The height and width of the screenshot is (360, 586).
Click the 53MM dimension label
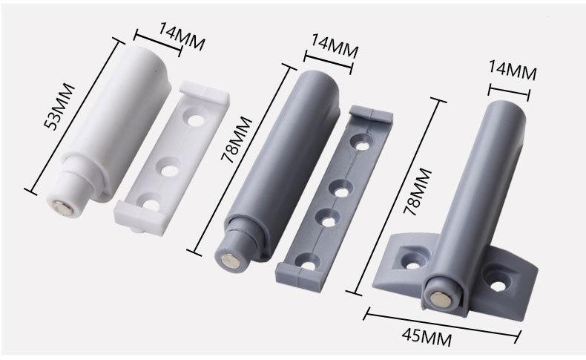[59, 107]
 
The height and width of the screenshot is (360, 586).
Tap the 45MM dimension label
[427, 337]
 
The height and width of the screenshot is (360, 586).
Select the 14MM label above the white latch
[182, 36]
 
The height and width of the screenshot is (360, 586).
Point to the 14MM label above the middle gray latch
[335, 46]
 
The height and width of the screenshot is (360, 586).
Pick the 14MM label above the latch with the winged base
[513, 71]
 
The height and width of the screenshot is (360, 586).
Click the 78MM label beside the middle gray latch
[237, 140]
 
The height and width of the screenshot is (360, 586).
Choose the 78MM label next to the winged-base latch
[418, 192]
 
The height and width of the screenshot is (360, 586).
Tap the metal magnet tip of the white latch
[62, 208]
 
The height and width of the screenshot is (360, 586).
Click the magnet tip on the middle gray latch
[230, 261]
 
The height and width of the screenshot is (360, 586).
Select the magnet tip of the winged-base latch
[440, 298]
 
